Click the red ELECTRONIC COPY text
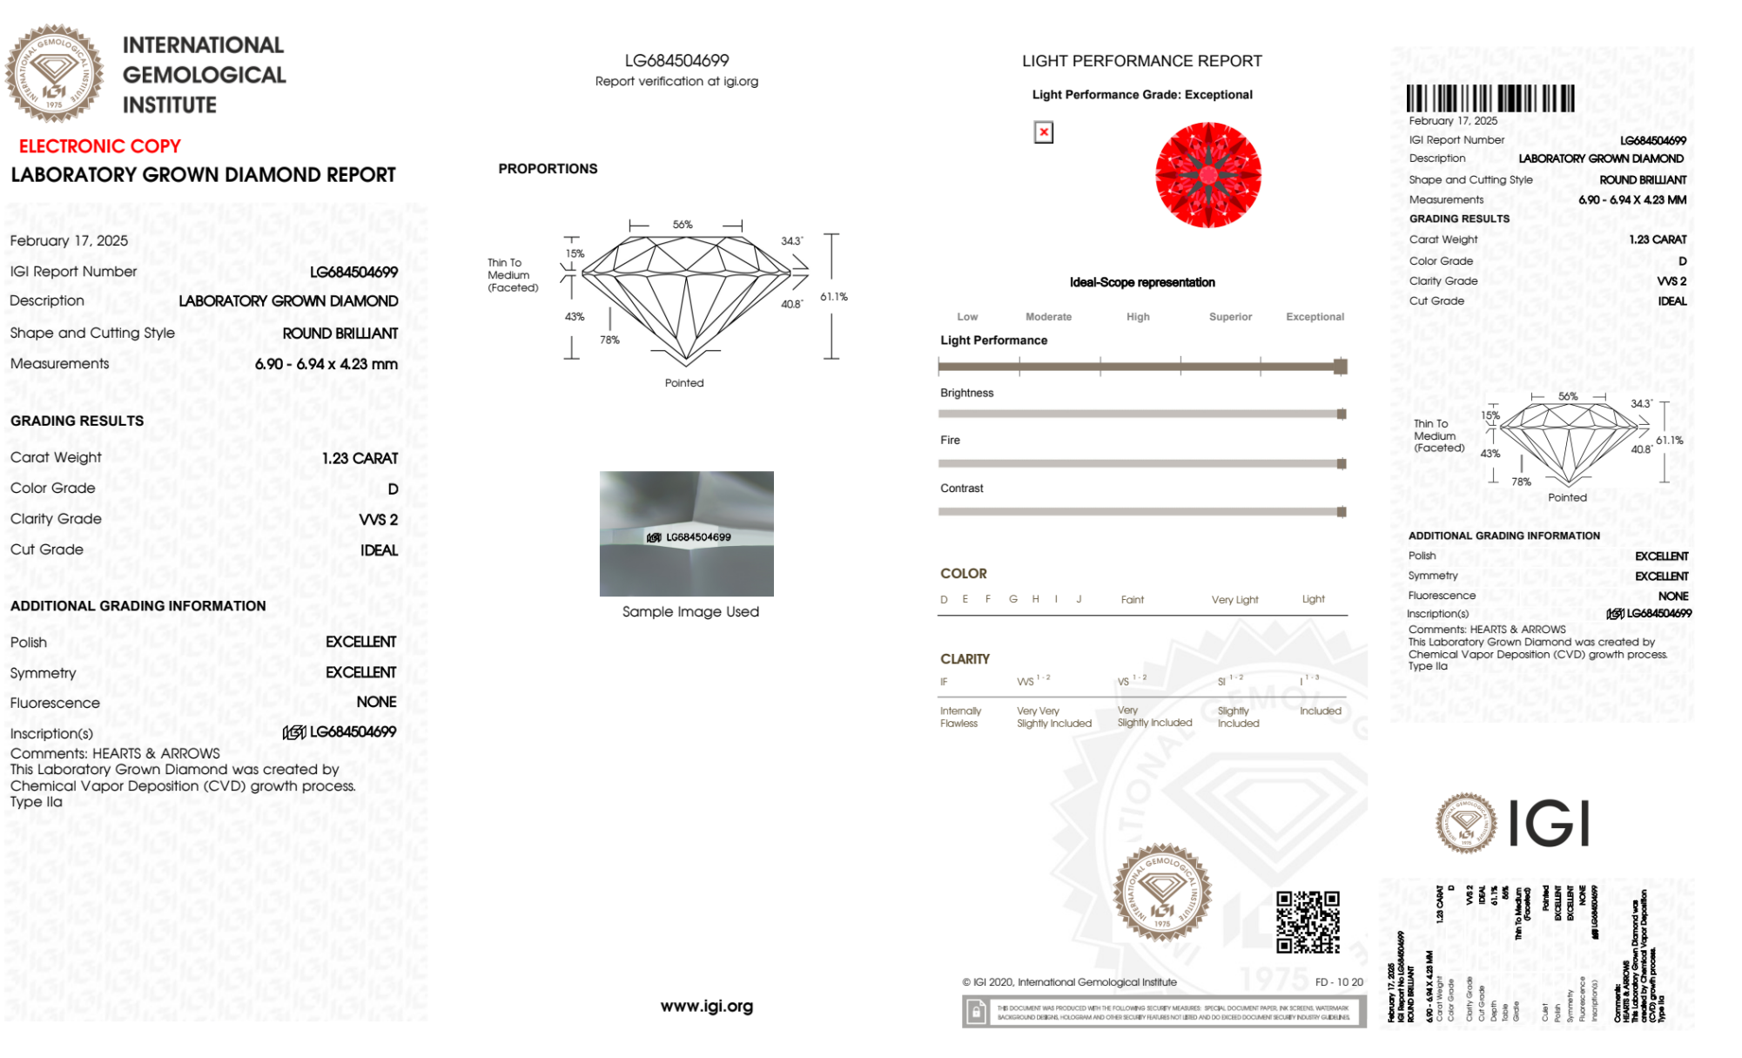tap(100, 146)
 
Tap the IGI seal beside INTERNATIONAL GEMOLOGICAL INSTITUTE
tap(54, 73)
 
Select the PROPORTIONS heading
tap(548, 169)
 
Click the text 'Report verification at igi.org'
tap(676, 81)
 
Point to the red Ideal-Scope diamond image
tap(1207, 175)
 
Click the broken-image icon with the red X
tap(1043, 132)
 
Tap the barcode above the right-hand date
tap(1490, 98)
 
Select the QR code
tap(1308, 922)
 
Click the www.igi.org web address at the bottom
tap(706, 1007)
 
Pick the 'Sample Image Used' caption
tap(690, 612)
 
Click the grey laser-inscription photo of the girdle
tap(686, 533)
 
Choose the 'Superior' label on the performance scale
tap(1230, 317)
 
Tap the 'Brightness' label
tap(966, 393)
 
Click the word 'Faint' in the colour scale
tap(1132, 600)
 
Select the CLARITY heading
tap(965, 659)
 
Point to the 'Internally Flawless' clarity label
tap(959, 718)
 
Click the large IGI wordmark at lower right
tap(1548, 823)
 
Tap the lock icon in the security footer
tap(976, 1012)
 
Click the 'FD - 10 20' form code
tap(1338, 982)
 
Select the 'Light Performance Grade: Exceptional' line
tap(1141, 95)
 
